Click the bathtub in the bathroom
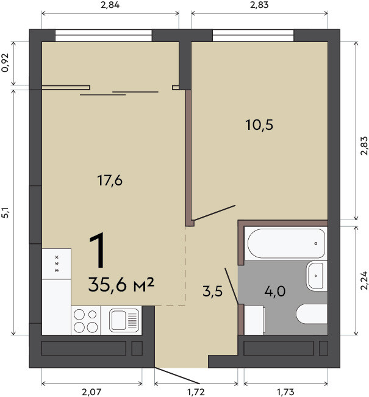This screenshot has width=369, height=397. point(286,243)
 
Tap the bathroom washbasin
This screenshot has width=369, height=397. point(317,276)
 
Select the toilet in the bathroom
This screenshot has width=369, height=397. point(312,313)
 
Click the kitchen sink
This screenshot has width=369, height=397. point(124,320)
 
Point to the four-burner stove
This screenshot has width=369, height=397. point(86,320)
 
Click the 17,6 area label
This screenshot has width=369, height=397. point(110,181)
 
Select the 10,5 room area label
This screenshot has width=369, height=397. point(259,125)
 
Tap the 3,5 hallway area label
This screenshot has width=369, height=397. point(212,291)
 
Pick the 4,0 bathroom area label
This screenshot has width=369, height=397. point(275,291)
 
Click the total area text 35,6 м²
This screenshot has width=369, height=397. point(121,284)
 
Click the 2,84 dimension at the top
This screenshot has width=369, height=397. point(110,5)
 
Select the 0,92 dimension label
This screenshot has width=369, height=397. point(5,63)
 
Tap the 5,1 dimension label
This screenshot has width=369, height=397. point(5,213)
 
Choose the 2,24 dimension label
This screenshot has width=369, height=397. point(364,281)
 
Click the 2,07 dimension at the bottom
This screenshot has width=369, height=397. point(91,393)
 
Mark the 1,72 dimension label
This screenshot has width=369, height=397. point(196,393)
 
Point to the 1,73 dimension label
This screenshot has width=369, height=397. point(285,393)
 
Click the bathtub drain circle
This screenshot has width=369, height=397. point(316,243)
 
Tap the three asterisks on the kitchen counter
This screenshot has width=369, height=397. point(57,264)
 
